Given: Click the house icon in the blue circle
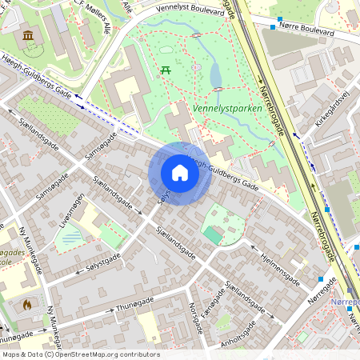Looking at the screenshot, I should (180, 173).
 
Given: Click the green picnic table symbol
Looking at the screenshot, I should (166, 70).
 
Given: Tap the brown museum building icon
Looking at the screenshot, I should (29, 36).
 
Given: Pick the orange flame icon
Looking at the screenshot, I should (28, 304).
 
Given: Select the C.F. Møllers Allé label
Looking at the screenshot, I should (88, 15).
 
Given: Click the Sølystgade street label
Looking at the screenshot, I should (102, 262).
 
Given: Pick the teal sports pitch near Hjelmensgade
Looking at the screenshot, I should (213, 234).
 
